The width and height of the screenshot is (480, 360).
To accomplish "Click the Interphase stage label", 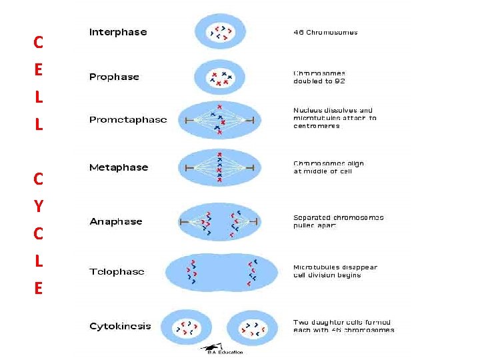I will pos(118,32).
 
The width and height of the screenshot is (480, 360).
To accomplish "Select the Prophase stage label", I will pos(114,77).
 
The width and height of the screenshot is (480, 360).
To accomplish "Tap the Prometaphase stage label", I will pos(128,120).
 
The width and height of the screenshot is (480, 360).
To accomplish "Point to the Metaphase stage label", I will pos(119,167).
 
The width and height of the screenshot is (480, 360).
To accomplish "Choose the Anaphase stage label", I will pos(116,221).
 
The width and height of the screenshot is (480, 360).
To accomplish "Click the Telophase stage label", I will pos(117,271).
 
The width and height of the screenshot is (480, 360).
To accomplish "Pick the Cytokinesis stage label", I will pos(120,326).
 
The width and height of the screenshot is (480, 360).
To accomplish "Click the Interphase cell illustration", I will pos(220,32).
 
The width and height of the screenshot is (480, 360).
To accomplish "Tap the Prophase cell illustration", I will pos(220,77).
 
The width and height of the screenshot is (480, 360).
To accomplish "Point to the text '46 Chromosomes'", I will pos(325,32).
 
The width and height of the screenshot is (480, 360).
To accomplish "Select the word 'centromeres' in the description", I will pos(317,126).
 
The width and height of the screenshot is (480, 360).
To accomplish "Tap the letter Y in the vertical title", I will pos(38,206).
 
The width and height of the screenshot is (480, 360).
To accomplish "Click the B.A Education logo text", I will pos(225,352).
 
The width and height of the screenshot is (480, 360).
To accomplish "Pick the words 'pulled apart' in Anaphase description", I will pos(315,225).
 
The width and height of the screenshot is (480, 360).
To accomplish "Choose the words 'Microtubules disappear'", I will pos(335,267).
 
